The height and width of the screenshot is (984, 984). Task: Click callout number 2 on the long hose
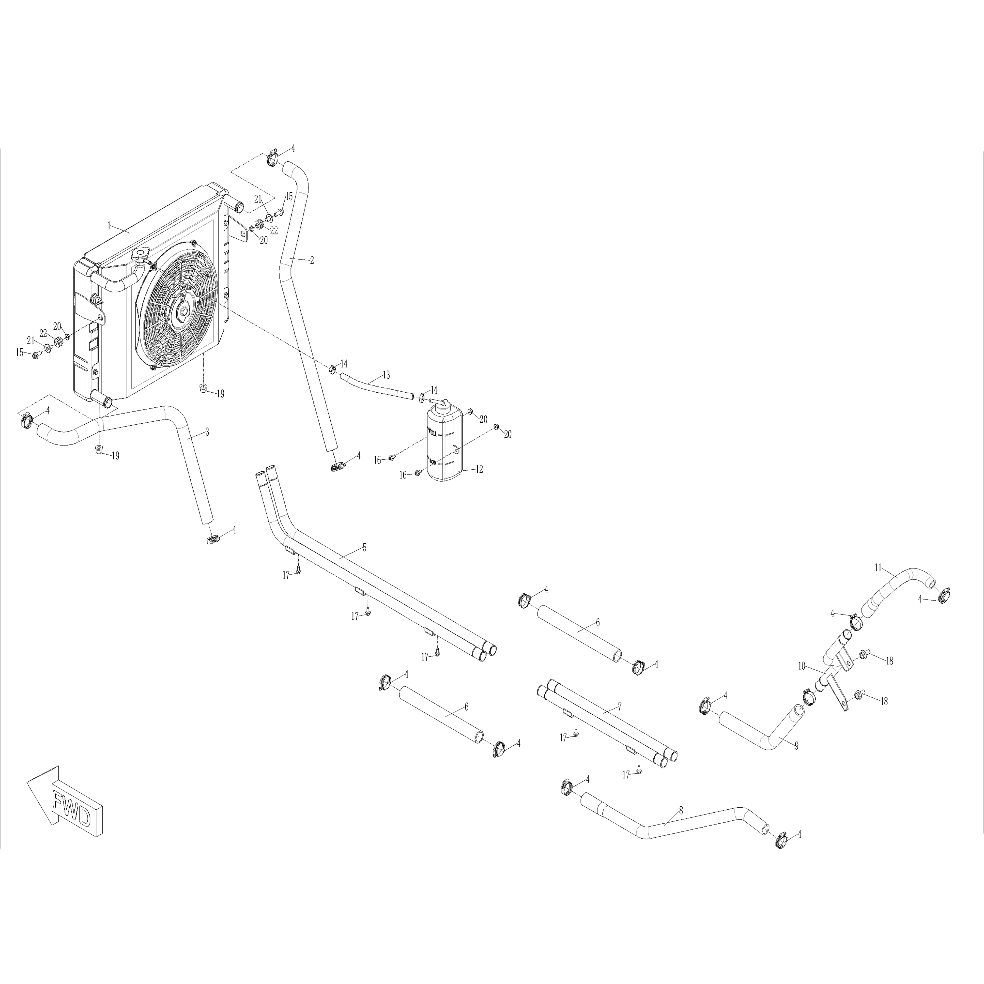[x=312, y=260]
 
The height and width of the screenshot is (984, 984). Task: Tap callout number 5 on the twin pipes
[x=364, y=548]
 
